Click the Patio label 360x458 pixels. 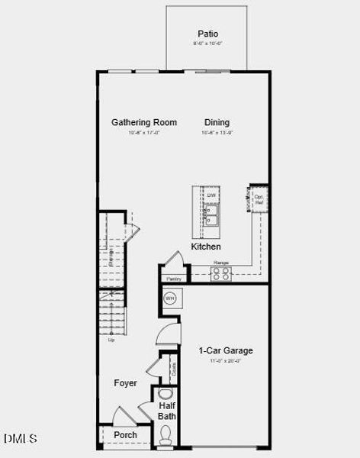click(x=207, y=34)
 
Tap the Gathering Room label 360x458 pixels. click(x=144, y=122)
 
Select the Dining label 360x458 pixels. click(x=217, y=122)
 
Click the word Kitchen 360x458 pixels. click(x=206, y=247)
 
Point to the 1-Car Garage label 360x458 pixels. click(x=226, y=350)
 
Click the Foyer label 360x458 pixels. click(x=126, y=382)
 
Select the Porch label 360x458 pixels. click(x=125, y=435)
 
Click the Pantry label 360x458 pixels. click(x=175, y=279)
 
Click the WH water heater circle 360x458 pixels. click(x=170, y=298)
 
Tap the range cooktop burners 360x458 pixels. click(x=221, y=273)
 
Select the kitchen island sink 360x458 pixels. click(x=211, y=215)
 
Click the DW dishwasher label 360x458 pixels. click(x=211, y=195)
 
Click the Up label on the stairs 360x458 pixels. click(x=111, y=340)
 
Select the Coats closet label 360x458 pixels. click(x=175, y=369)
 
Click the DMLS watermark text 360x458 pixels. click(x=20, y=438)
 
